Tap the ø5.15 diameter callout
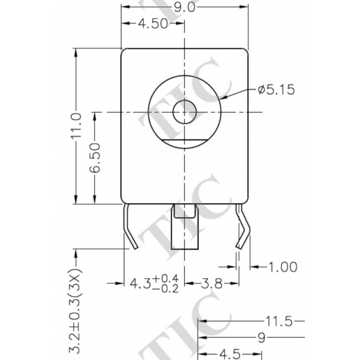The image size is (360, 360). (276, 89)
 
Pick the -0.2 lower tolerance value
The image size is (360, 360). (166, 289)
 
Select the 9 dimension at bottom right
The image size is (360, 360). (261, 337)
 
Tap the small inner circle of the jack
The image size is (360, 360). (185, 110)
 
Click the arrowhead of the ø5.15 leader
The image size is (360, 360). (223, 98)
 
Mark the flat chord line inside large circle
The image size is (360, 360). (185, 141)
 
